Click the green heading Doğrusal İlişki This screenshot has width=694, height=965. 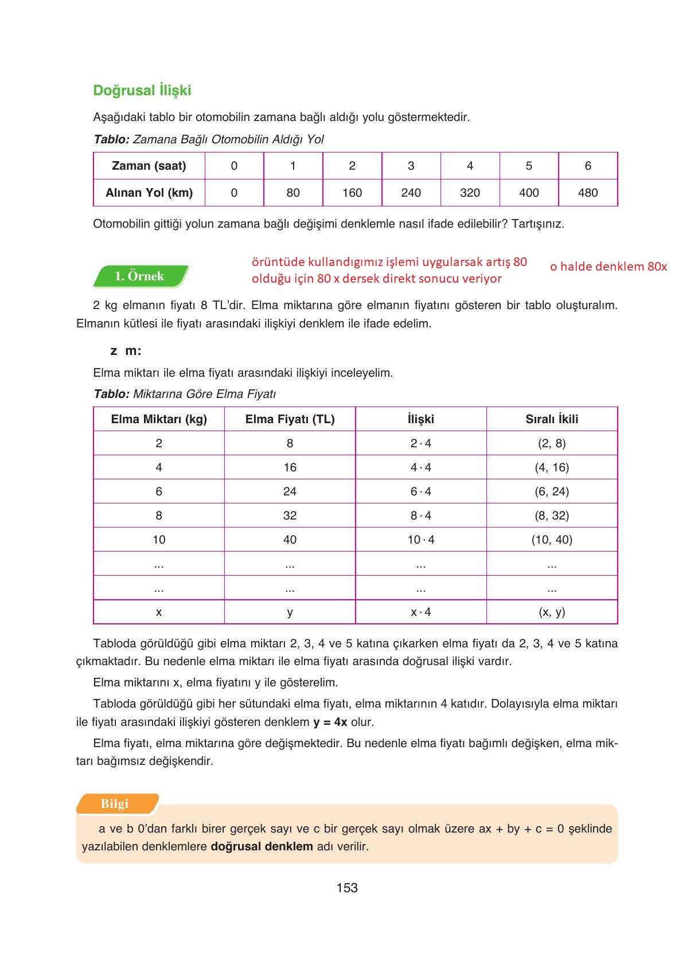(x=142, y=91)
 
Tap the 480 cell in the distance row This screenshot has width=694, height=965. (x=587, y=193)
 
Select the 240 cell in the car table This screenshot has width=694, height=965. (x=411, y=193)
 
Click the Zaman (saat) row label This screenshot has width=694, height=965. (x=149, y=166)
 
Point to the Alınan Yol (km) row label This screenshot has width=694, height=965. (x=149, y=193)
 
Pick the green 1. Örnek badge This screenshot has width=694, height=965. (x=139, y=276)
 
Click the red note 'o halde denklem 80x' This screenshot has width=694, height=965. (x=608, y=267)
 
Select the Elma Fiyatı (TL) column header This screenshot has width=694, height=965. (x=290, y=419)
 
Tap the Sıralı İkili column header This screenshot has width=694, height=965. (x=552, y=419)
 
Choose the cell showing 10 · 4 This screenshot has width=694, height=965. (x=421, y=540)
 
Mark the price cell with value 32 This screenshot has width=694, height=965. (x=290, y=515)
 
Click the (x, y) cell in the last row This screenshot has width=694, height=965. (x=552, y=612)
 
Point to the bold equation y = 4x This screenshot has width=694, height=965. (x=330, y=722)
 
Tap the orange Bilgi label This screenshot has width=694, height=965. (x=115, y=804)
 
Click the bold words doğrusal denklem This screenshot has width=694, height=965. (x=262, y=846)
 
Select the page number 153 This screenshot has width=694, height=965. (x=347, y=888)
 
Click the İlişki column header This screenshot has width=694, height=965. (x=421, y=419)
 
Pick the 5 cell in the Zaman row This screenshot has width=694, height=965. (x=528, y=166)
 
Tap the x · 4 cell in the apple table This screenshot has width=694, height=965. (x=421, y=612)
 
